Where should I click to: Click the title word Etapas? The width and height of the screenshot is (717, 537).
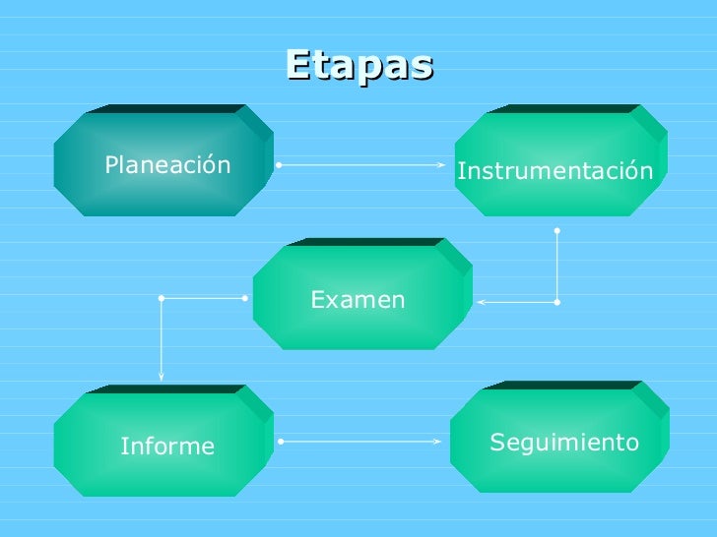point(359,65)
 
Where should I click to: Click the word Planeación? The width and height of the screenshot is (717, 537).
point(167,164)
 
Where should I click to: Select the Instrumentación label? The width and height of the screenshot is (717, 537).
point(554,172)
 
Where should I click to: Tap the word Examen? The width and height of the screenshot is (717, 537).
point(358,300)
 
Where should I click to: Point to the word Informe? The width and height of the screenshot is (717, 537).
point(167,447)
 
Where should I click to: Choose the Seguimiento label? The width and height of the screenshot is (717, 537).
point(564,443)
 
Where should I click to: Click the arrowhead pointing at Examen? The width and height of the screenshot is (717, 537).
point(481,302)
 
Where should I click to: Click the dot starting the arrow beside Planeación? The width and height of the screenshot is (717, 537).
point(280,165)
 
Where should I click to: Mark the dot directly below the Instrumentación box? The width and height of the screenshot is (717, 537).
point(556,230)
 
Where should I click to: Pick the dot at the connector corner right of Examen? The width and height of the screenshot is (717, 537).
point(556,302)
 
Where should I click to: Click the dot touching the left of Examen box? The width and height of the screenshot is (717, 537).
point(245,296)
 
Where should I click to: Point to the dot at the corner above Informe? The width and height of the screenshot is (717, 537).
point(162,296)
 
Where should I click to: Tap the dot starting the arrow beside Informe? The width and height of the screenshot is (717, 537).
point(281,442)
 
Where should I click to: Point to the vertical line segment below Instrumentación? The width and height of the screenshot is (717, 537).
point(556,266)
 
